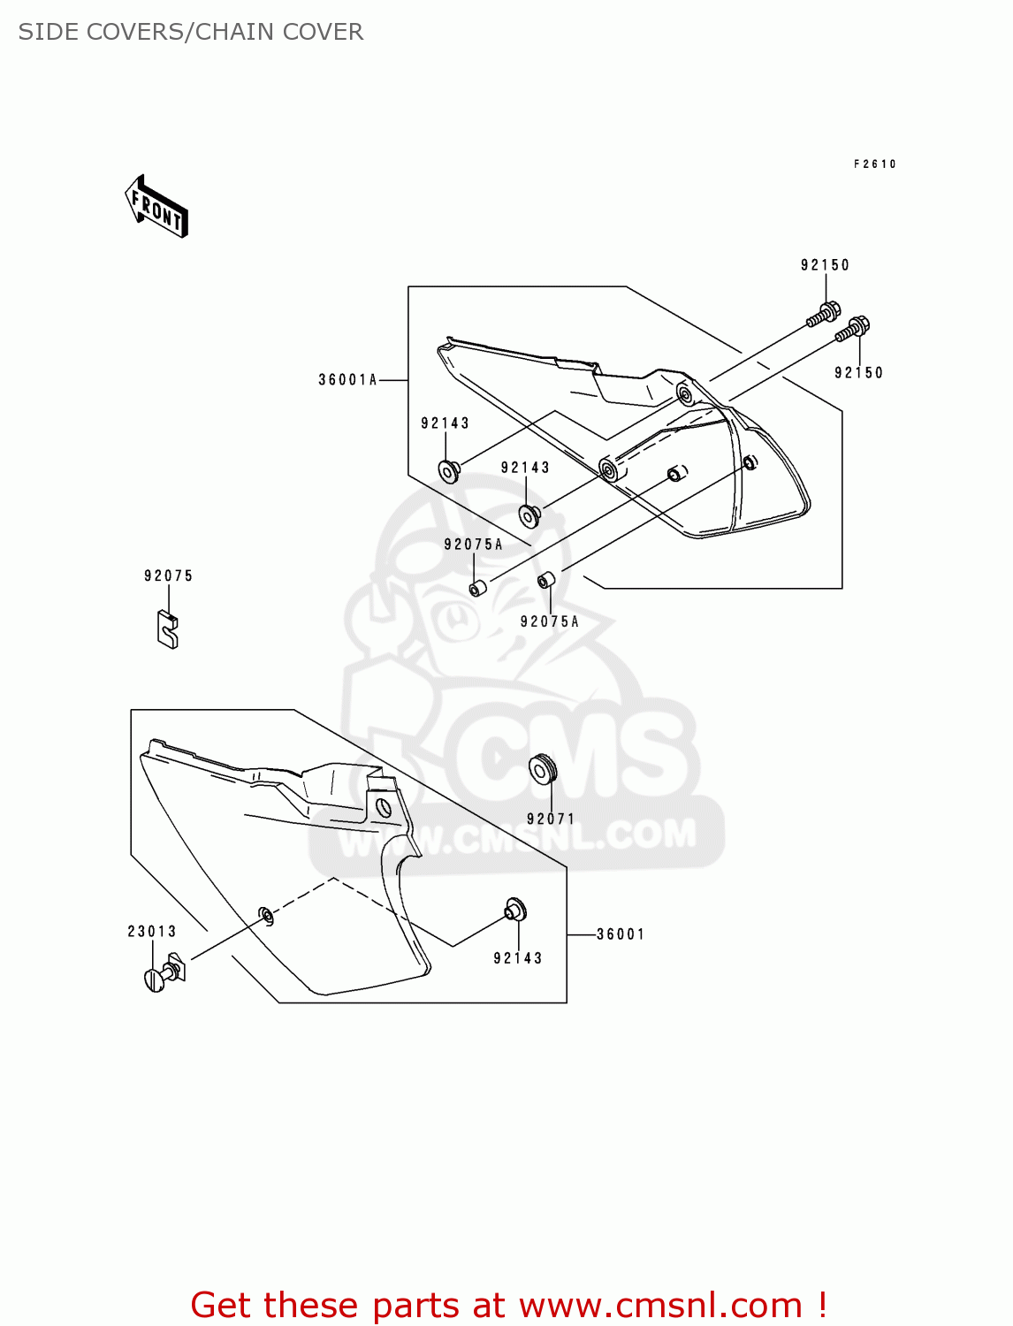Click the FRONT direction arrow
click(x=156, y=206)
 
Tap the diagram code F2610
click(x=875, y=164)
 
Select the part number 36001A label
click(x=347, y=380)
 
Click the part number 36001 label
click(x=621, y=934)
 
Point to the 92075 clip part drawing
click(x=167, y=629)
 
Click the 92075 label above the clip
click(x=168, y=576)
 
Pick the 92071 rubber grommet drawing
click(x=542, y=769)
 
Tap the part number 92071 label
click(x=551, y=819)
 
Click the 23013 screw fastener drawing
click(x=164, y=973)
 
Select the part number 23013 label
click(x=152, y=932)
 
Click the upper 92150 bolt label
click(x=825, y=265)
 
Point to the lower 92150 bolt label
click(x=858, y=373)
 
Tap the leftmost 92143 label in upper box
click(x=445, y=423)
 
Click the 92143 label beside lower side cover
click(x=517, y=958)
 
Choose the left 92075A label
click(x=473, y=545)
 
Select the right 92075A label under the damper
click(x=549, y=622)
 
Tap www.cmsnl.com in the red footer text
click(x=660, y=1306)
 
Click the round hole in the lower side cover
click(x=383, y=806)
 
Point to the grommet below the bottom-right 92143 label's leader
click(x=515, y=909)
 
